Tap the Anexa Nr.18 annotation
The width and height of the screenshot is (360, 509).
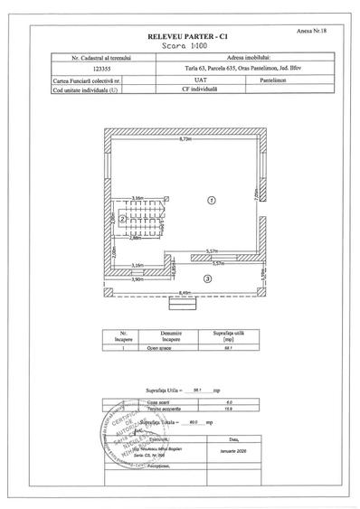pos(309,28)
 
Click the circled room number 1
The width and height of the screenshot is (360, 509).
pos(210,198)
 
